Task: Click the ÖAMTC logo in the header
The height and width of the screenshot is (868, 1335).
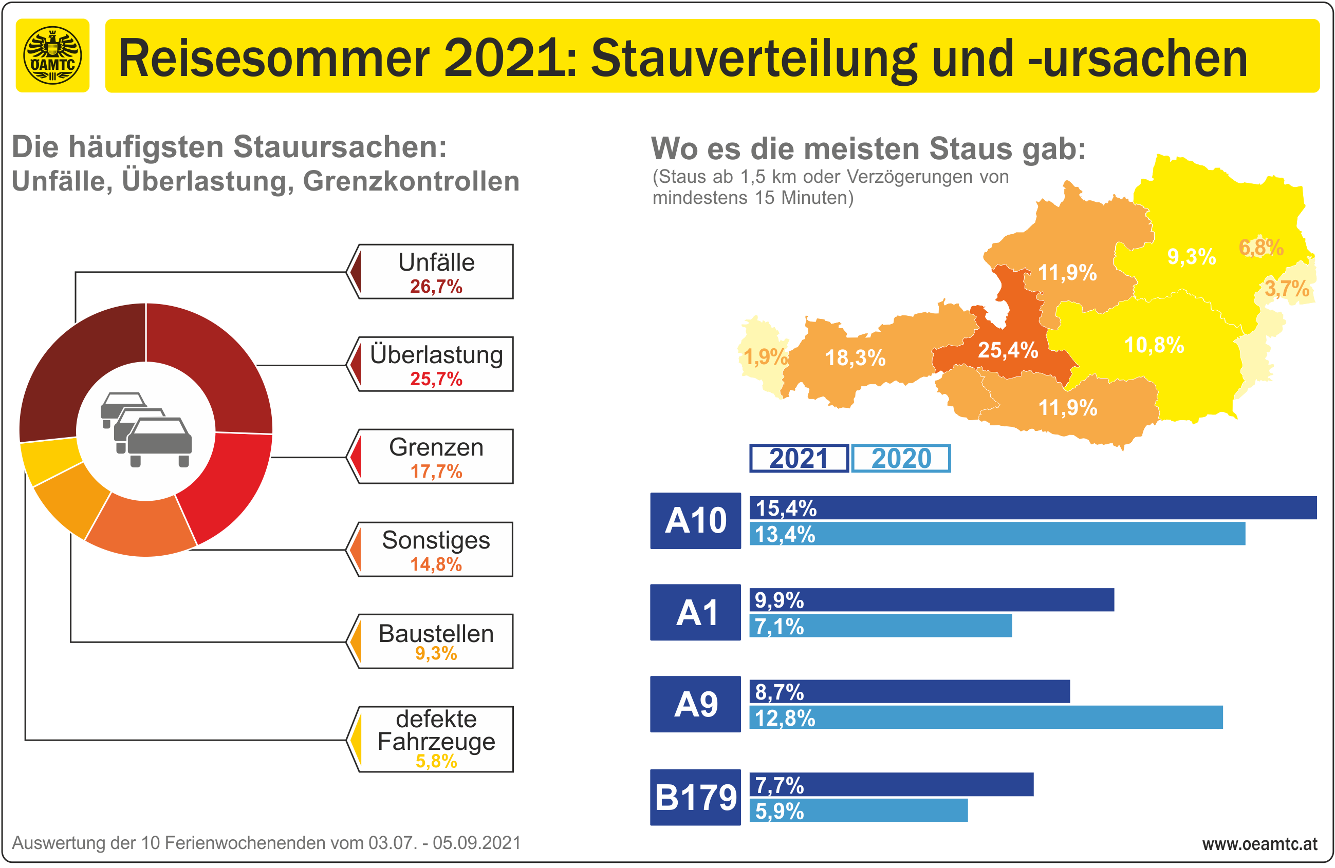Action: pos(52,55)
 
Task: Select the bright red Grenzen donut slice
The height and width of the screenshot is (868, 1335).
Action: pos(230,482)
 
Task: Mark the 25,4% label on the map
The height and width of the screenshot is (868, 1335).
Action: pos(1008,350)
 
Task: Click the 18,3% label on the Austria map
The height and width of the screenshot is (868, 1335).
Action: pos(855,358)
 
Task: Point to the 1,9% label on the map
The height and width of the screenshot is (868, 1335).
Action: pos(765,356)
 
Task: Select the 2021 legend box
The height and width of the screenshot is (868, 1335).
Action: pos(799,459)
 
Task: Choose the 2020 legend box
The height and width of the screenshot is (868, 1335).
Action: pos(901,459)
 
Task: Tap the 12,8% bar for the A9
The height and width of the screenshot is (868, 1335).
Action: pos(986,718)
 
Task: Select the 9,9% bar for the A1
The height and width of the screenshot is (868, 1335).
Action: pos(931,600)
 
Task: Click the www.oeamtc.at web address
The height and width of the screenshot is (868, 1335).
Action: pos(1259,844)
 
